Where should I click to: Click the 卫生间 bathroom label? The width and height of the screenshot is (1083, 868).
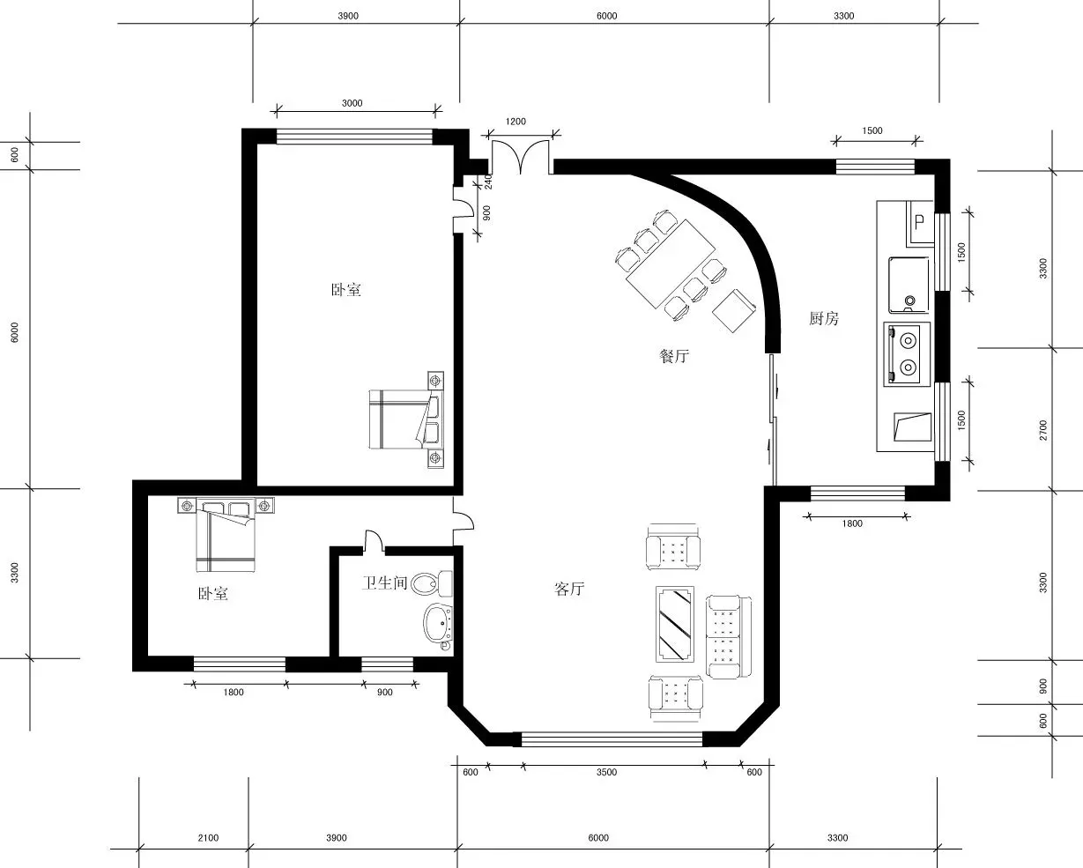384,582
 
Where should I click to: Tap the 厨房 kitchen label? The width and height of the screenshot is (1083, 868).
824,318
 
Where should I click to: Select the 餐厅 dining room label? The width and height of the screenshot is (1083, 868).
674,356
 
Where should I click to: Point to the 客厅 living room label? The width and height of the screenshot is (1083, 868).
569,589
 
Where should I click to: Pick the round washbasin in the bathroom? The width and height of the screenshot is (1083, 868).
438,623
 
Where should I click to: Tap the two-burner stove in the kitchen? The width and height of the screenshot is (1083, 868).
907,354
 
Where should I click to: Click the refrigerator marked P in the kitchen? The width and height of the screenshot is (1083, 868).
920,224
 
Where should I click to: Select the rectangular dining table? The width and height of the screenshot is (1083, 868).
671,263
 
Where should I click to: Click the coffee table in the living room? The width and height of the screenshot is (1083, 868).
675,624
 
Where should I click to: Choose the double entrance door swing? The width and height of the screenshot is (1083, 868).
521,157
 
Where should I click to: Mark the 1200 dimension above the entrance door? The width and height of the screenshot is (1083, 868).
516,122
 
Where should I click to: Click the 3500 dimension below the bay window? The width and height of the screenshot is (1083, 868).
606,772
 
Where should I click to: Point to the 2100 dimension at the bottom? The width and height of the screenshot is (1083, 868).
208,837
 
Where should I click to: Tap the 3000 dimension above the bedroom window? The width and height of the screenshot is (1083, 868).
352,102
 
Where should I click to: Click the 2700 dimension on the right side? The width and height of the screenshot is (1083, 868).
1042,430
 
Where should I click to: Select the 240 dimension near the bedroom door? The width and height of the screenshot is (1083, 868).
487,182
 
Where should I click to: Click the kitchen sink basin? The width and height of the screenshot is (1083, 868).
909,284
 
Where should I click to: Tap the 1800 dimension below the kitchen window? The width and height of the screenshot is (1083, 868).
852,523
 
